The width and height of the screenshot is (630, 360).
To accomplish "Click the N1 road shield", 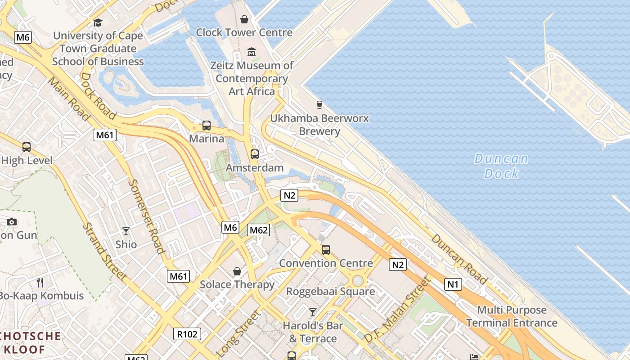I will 453,284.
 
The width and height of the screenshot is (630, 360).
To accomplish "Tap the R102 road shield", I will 187,334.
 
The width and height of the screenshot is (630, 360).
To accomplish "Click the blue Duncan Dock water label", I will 501,166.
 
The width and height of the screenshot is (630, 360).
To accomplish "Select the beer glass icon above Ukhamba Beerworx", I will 319,104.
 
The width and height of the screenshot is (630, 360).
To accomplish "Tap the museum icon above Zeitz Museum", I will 252,52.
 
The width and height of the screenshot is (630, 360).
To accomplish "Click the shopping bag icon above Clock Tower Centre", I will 244,19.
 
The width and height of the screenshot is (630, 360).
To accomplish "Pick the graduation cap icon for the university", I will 98,22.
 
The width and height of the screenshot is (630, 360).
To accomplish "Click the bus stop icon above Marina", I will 207,126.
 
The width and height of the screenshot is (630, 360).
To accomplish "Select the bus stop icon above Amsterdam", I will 255,154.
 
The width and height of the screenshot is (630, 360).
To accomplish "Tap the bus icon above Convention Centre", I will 326,249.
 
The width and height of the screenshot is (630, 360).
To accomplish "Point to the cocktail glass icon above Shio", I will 126,231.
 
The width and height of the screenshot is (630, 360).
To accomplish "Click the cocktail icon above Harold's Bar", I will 313,312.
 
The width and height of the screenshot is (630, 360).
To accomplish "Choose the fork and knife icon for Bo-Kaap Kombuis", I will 40,282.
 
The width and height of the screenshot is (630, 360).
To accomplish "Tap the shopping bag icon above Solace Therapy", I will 237,271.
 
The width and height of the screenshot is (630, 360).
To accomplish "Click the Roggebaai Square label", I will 330,292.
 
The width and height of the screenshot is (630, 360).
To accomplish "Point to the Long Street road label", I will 238,333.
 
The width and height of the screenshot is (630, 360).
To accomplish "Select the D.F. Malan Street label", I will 397,310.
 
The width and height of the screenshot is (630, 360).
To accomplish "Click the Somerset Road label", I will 146,216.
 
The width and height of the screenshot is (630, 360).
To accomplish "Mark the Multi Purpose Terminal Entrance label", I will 512,316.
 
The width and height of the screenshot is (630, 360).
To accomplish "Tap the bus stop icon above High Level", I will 27,147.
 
